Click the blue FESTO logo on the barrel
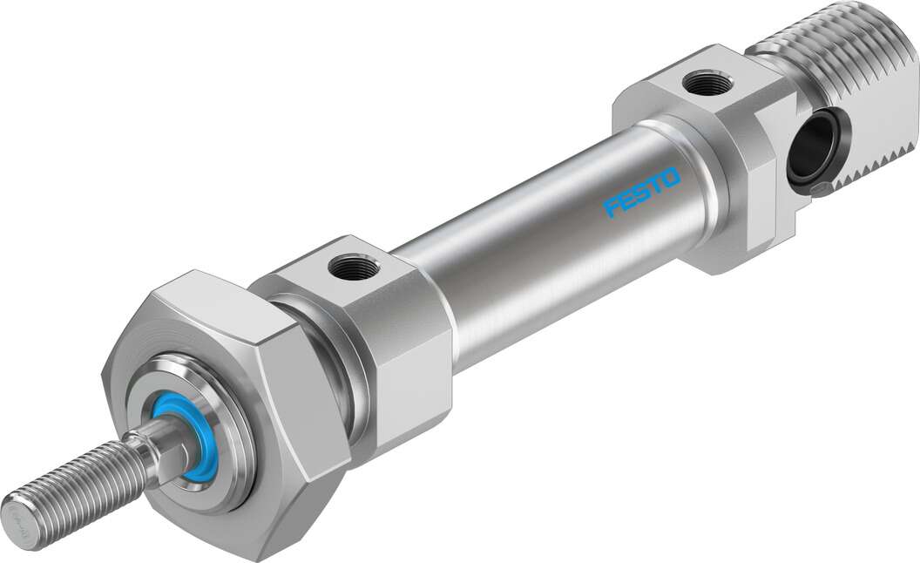(642, 194)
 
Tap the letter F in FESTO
(612, 208)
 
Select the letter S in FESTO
(642, 193)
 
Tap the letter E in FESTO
(627, 201)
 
